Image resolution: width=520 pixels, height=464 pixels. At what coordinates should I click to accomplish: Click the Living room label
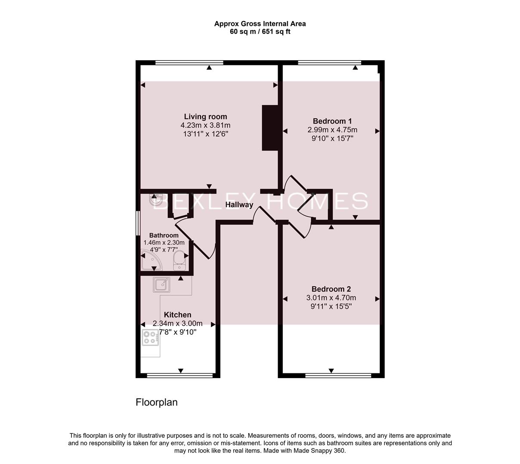point(205,116)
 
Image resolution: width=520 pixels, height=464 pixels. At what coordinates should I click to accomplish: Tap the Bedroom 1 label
point(332,121)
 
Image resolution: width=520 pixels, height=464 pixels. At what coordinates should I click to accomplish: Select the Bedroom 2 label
point(331,289)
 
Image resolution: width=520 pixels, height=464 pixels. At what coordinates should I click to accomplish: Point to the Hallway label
point(239,205)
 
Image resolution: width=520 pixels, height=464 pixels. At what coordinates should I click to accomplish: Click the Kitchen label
point(177,315)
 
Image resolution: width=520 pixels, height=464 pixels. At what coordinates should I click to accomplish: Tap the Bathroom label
point(164,235)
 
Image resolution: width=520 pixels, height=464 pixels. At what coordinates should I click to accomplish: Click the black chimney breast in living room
point(270,128)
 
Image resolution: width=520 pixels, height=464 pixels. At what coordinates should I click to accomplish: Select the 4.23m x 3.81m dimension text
point(205,125)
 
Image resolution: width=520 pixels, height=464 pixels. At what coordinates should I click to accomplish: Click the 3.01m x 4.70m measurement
point(331,298)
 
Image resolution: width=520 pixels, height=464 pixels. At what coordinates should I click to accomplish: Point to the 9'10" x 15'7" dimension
point(332,138)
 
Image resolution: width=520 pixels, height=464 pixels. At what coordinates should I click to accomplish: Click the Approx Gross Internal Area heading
point(260,24)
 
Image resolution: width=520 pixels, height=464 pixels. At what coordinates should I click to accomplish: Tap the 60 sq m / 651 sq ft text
point(260,31)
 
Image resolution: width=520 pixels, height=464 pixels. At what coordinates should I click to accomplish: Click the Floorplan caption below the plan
point(156,403)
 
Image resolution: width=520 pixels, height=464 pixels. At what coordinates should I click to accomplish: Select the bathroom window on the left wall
point(138,223)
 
